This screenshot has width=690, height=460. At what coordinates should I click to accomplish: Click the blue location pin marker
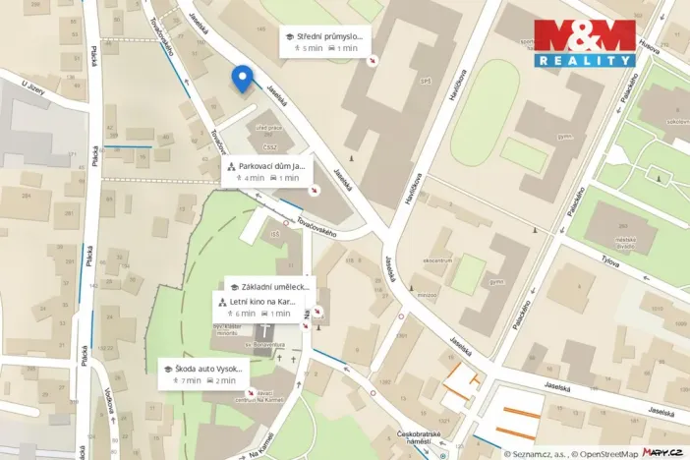(242, 78)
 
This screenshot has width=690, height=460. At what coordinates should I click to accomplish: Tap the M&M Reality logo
(585, 43)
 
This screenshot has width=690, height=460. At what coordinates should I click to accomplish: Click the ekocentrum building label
(435, 260)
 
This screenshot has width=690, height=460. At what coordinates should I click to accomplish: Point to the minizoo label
(427, 294)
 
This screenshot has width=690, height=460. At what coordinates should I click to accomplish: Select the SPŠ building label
(425, 81)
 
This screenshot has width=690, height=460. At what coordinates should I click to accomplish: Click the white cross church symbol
(268, 332)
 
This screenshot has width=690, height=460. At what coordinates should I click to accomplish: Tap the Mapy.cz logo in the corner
(662, 451)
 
